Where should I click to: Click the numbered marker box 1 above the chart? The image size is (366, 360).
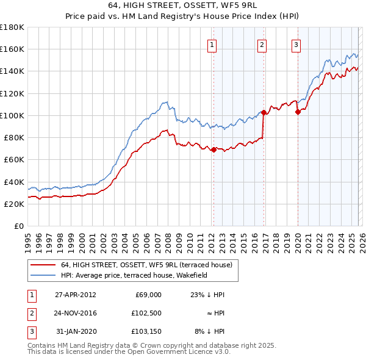click(x=212, y=44)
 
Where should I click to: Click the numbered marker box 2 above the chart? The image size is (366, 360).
click(x=262, y=44)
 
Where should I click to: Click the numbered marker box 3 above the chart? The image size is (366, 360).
click(x=296, y=44)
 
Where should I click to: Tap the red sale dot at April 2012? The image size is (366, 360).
click(x=213, y=149)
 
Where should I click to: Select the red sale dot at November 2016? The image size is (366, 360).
click(x=264, y=112)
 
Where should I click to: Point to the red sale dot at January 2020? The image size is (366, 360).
click(x=298, y=112)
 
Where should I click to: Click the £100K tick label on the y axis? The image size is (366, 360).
click(x=12, y=115)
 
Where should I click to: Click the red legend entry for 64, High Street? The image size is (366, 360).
click(x=146, y=265)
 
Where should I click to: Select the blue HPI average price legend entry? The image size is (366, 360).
click(x=134, y=275)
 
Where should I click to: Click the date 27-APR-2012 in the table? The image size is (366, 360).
click(x=76, y=295)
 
